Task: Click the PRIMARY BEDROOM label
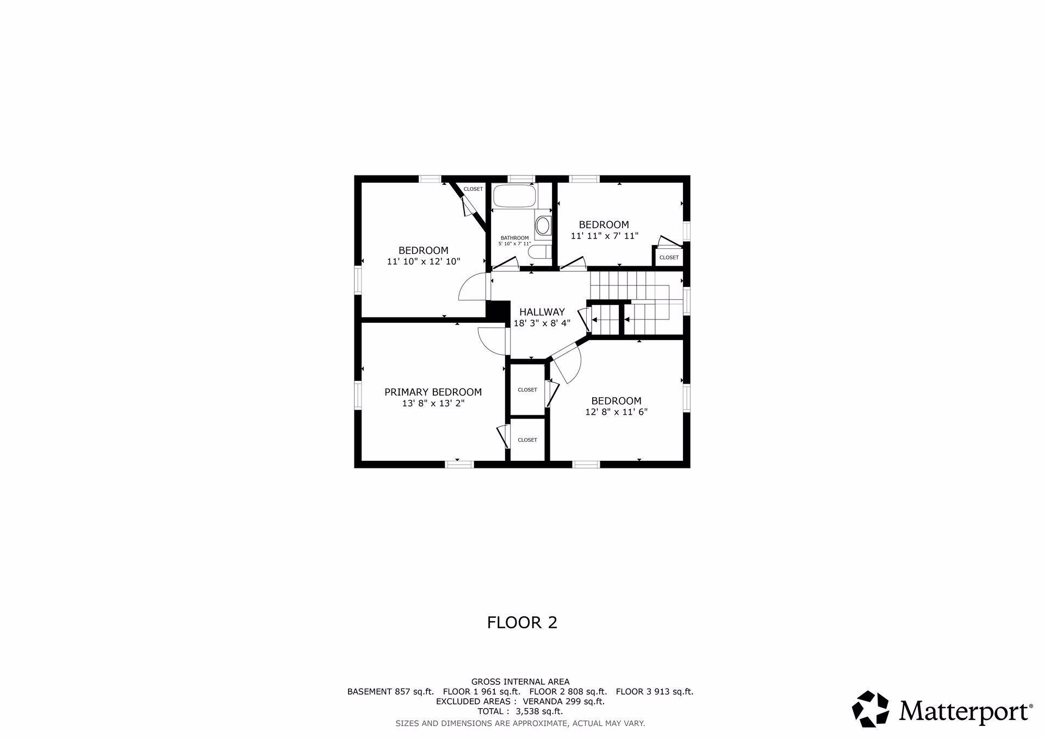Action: point(433,392)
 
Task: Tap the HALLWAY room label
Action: point(542,312)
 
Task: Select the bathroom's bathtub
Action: point(514,196)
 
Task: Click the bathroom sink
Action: point(543,225)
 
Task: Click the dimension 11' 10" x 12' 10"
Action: point(424,261)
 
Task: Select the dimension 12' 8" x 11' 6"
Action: point(616,412)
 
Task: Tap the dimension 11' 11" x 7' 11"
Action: point(604,236)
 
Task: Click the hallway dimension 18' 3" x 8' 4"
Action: point(542,323)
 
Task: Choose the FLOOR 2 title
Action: point(522,622)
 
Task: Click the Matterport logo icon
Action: point(871,709)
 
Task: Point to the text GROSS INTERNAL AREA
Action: point(520,681)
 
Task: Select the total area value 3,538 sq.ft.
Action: point(539,711)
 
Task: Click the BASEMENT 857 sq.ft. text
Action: point(390,692)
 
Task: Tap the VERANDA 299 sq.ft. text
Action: point(564,702)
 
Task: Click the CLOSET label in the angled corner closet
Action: point(473,189)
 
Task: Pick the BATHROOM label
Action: point(514,238)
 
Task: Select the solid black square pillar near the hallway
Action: point(498,311)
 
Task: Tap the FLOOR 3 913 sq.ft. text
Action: point(655,692)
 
